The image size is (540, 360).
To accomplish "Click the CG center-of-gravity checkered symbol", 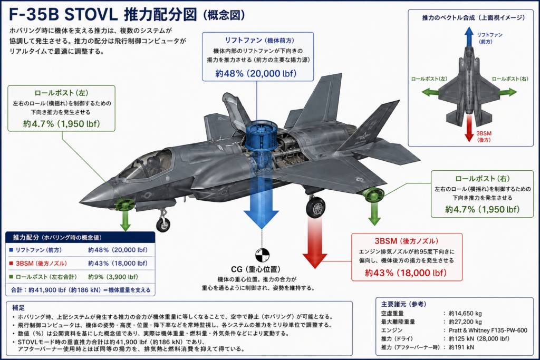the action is (x=262, y=255).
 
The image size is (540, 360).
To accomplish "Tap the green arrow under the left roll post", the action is (x=126, y=220).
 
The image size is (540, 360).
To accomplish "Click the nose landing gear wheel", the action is (x=163, y=225).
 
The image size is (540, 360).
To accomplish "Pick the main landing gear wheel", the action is (x=315, y=207).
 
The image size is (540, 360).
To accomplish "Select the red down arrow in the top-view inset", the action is (x=469, y=129).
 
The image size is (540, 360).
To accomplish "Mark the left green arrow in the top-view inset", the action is (x=430, y=92).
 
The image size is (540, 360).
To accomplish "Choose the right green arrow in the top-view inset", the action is (x=508, y=92).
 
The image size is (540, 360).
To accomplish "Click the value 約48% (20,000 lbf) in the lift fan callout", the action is (x=256, y=73).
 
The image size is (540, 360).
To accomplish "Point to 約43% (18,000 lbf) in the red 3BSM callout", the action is (x=406, y=273).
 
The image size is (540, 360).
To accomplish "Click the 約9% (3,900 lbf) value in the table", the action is (x=113, y=277).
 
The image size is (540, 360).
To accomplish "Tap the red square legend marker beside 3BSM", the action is (x=11, y=264).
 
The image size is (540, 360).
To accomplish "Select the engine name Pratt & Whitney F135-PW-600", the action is (x=488, y=330).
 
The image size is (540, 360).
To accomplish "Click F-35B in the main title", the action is (x=34, y=15).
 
